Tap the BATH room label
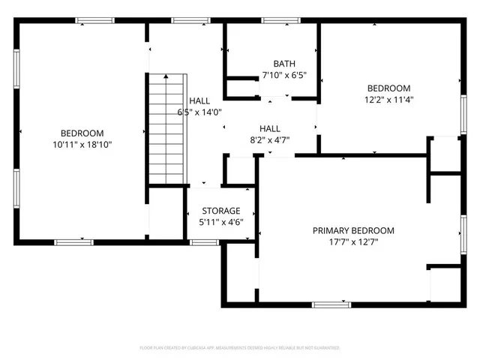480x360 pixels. [x=283, y=64]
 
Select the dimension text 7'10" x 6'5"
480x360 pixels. [x=283, y=76]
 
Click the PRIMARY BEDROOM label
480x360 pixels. [x=352, y=230]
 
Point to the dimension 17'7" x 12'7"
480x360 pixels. [x=352, y=242]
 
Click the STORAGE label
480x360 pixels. [x=220, y=211]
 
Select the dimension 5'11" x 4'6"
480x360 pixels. [x=220, y=223]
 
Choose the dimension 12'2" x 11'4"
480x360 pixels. [x=389, y=99]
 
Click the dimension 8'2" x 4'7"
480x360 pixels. [x=270, y=139]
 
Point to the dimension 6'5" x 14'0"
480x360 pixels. [x=199, y=112]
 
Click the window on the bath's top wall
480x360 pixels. [x=277, y=20]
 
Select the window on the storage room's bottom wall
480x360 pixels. [x=204, y=241]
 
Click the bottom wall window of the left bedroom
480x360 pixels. [x=74, y=241]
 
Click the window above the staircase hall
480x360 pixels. [x=184, y=20]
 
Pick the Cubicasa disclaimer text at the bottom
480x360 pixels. [x=240, y=348]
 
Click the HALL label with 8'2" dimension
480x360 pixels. [x=270, y=128]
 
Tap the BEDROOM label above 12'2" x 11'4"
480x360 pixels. [x=389, y=88]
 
